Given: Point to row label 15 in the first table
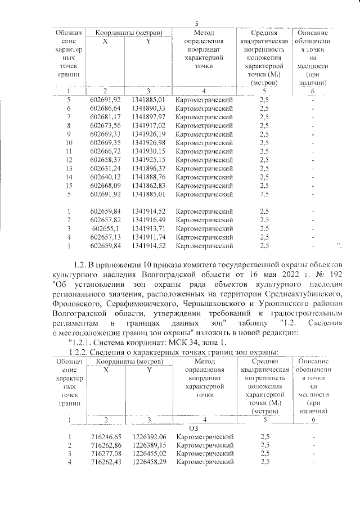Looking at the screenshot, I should click(x=68, y=186).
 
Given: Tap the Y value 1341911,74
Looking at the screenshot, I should click(x=148, y=238).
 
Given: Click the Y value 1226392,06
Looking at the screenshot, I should click(x=150, y=437).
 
